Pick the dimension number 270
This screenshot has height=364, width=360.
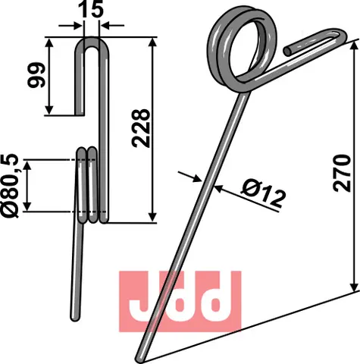(343, 174)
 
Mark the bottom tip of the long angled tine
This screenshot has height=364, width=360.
(140, 356)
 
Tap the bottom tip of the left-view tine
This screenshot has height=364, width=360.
(75, 316)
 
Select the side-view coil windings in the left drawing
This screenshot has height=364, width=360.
(89, 186)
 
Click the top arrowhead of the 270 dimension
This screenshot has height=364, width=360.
(353, 44)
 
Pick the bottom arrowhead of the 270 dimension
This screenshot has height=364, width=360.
(353, 290)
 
